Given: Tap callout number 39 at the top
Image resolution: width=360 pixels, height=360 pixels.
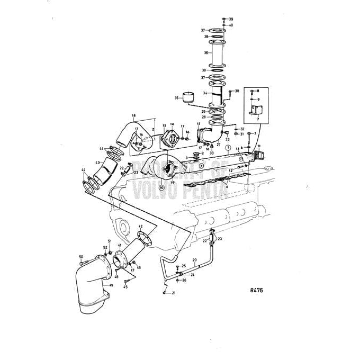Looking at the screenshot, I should tap(231, 20).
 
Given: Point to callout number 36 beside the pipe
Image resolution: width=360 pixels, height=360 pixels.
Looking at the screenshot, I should tap(206, 53).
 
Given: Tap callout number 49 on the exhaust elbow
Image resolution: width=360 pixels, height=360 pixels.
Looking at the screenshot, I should tap(111, 285).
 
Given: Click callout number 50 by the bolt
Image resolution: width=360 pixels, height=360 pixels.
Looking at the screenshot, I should tap(81, 257).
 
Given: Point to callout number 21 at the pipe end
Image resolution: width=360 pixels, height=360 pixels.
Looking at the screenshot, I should tap(173, 292).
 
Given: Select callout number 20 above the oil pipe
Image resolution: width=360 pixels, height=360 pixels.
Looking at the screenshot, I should tap(194, 260).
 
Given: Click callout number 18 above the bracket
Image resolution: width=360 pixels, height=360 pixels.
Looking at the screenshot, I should tap(133, 115).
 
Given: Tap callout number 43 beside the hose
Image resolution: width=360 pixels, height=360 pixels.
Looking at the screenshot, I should tap(97, 163).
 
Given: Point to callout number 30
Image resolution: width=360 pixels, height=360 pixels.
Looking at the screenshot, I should tap(237, 91).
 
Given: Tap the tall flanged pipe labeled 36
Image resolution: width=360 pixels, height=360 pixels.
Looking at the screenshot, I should tap(218, 53).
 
